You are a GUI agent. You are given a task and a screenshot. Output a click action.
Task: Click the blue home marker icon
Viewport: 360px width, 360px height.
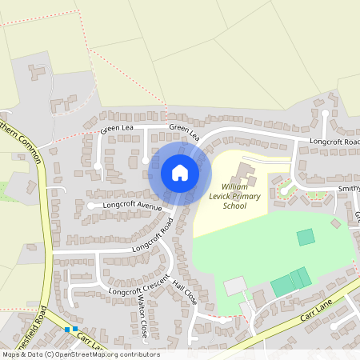tap(179, 172)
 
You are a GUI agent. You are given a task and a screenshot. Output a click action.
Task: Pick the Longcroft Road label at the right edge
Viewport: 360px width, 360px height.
tap(335, 142)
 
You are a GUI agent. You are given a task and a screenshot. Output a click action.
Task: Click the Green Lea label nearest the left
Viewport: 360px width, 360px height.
tap(115, 129)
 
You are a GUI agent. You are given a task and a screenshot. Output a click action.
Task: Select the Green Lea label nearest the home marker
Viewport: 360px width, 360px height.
tap(184, 132)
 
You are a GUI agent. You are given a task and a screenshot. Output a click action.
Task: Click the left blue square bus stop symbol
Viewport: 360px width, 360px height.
tap(67, 329)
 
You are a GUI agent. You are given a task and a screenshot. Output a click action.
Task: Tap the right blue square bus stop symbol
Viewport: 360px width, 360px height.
tap(75, 329)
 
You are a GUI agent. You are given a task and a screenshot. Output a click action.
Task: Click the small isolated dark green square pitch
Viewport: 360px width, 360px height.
tap(306, 237)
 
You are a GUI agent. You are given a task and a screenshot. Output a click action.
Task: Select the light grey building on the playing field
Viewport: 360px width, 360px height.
tap(235, 286)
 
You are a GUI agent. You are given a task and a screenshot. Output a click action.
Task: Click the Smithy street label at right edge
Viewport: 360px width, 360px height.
tap(349, 189)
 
